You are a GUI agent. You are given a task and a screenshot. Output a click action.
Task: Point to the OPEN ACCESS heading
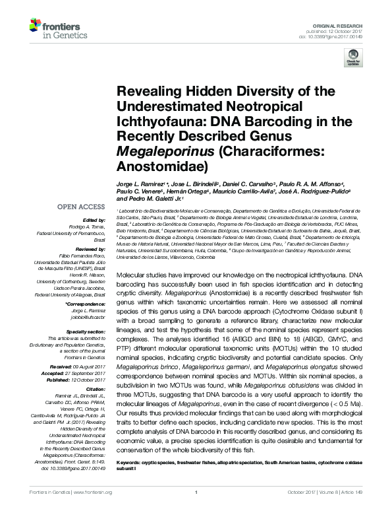(80, 207)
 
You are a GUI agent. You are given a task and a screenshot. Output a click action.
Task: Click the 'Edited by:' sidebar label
(91, 219)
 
